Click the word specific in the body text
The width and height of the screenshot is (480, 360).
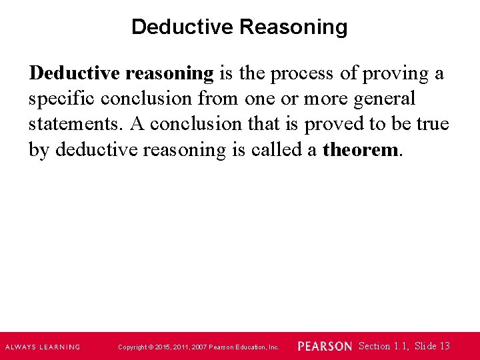(61, 99)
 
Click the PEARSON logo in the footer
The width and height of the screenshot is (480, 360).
(325, 347)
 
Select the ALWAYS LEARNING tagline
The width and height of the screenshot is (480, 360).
(43, 347)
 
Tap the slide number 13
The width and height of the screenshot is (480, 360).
(445, 346)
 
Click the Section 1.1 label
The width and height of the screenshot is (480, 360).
(383, 346)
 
